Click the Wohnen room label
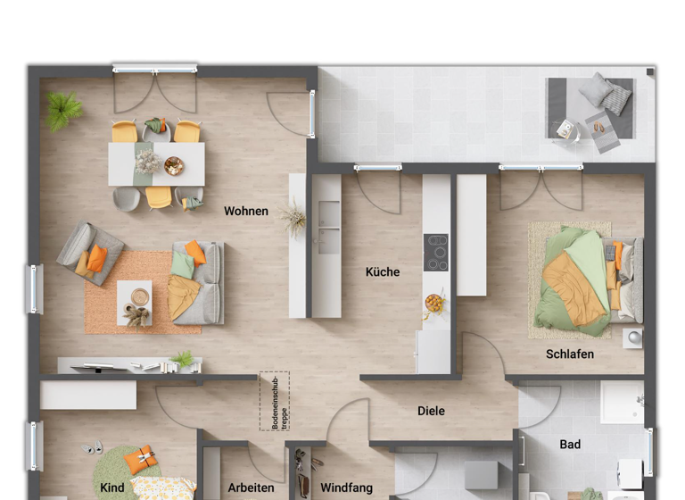[246, 212]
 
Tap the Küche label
[383, 272]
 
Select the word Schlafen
[570, 354]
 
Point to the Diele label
[431, 412]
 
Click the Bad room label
[570, 445]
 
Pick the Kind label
[112, 488]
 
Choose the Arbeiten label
[251, 488]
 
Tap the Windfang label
[346, 488]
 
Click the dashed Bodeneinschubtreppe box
[275, 401]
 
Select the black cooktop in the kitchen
[436, 252]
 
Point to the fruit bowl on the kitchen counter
[434, 304]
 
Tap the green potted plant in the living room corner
[64, 110]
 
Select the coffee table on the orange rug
[135, 302]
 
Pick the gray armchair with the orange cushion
[90, 254]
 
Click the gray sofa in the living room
[201, 282]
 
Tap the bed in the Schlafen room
[584, 279]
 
